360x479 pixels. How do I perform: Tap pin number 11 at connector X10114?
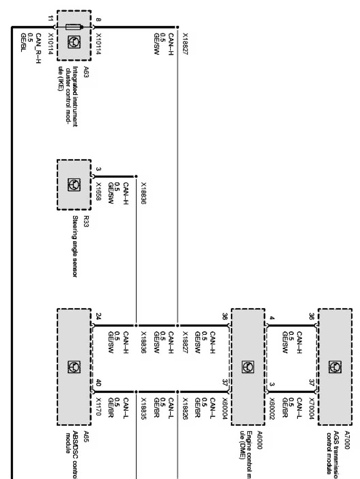pyautogui.click(x=49, y=18)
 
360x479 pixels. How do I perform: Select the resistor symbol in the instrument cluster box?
pyautogui.click(x=74, y=27)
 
